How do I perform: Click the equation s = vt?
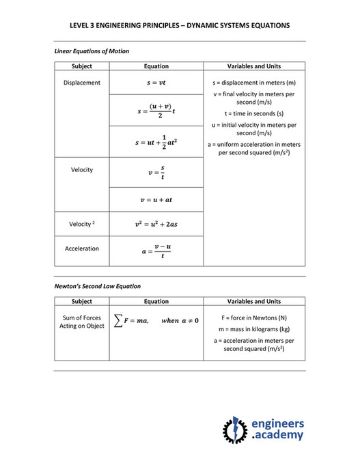coord(156,83)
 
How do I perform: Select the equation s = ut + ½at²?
coord(156,142)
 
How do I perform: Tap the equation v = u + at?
coord(156,199)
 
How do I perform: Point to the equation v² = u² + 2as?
coord(156,224)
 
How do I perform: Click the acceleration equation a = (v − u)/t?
coord(156,251)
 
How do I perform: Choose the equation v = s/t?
coord(156,171)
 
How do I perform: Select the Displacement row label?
coord(82,83)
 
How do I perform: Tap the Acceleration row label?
coord(82,249)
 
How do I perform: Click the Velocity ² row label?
coord(82,224)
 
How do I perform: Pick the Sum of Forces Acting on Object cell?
coord(82,322)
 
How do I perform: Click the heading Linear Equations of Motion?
coord(92,51)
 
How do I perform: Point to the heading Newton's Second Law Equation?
coord(98,286)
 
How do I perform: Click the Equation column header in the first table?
coord(156,66)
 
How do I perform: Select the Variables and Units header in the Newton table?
coord(254,301)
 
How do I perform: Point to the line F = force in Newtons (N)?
coord(254,318)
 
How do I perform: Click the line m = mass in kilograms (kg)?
coord(254,329)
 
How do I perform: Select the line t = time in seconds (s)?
coord(254,113)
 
